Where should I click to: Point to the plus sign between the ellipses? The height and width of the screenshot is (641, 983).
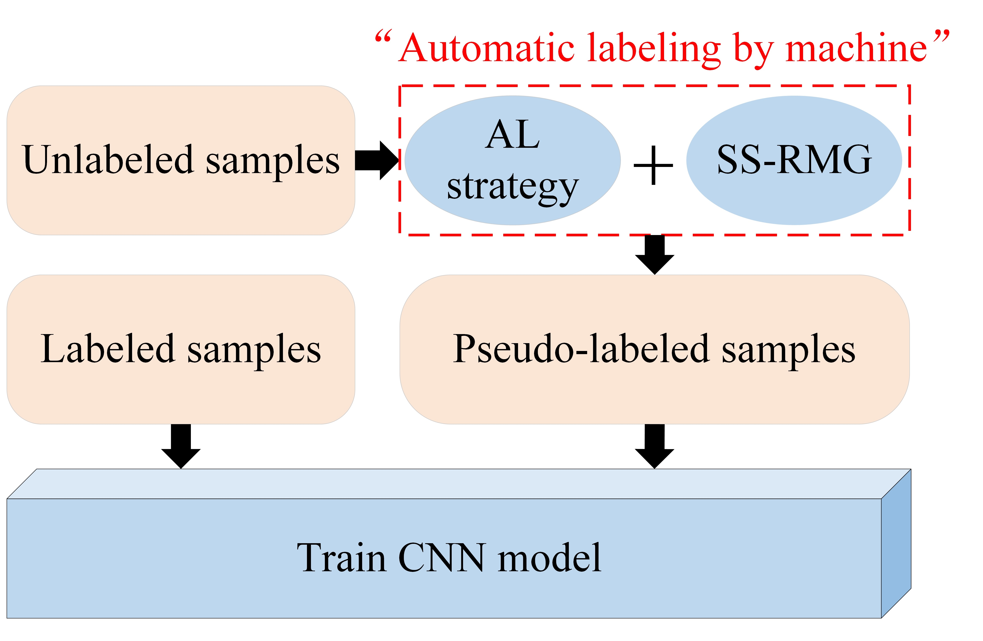(x=653, y=165)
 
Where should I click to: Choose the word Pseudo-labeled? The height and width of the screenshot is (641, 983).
(x=581, y=349)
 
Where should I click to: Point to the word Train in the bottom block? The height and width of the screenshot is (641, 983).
(x=342, y=558)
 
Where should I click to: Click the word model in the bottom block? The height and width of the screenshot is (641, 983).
(x=549, y=558)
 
